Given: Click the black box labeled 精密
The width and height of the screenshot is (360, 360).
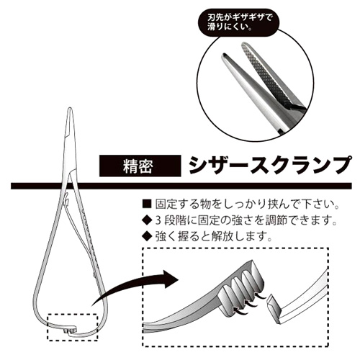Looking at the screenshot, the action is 140,166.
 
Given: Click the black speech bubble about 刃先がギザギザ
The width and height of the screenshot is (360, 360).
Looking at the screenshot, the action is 238,22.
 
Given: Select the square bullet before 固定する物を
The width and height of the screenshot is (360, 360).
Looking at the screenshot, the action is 147,204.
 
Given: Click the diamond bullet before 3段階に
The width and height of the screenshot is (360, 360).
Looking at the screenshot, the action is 147,220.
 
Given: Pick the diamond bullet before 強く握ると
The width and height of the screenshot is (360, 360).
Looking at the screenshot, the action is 147,236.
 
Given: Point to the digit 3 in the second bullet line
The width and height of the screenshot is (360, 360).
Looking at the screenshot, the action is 158,220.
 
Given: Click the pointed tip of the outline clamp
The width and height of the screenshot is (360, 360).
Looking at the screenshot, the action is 70,108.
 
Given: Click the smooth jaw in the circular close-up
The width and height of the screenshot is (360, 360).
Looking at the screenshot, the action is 250,89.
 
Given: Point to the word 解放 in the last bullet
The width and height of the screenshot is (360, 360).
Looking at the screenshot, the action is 223,237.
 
